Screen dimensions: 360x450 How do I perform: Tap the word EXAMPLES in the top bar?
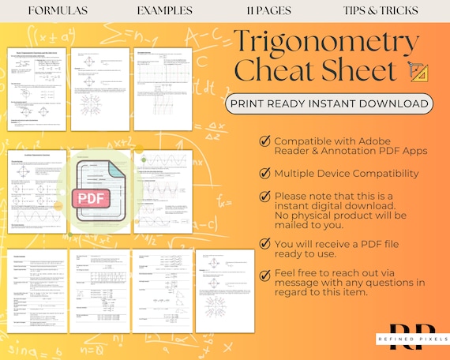(164, 11)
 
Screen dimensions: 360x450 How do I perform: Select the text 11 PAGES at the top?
(268, 11)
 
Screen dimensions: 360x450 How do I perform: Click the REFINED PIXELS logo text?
(407, 339)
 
